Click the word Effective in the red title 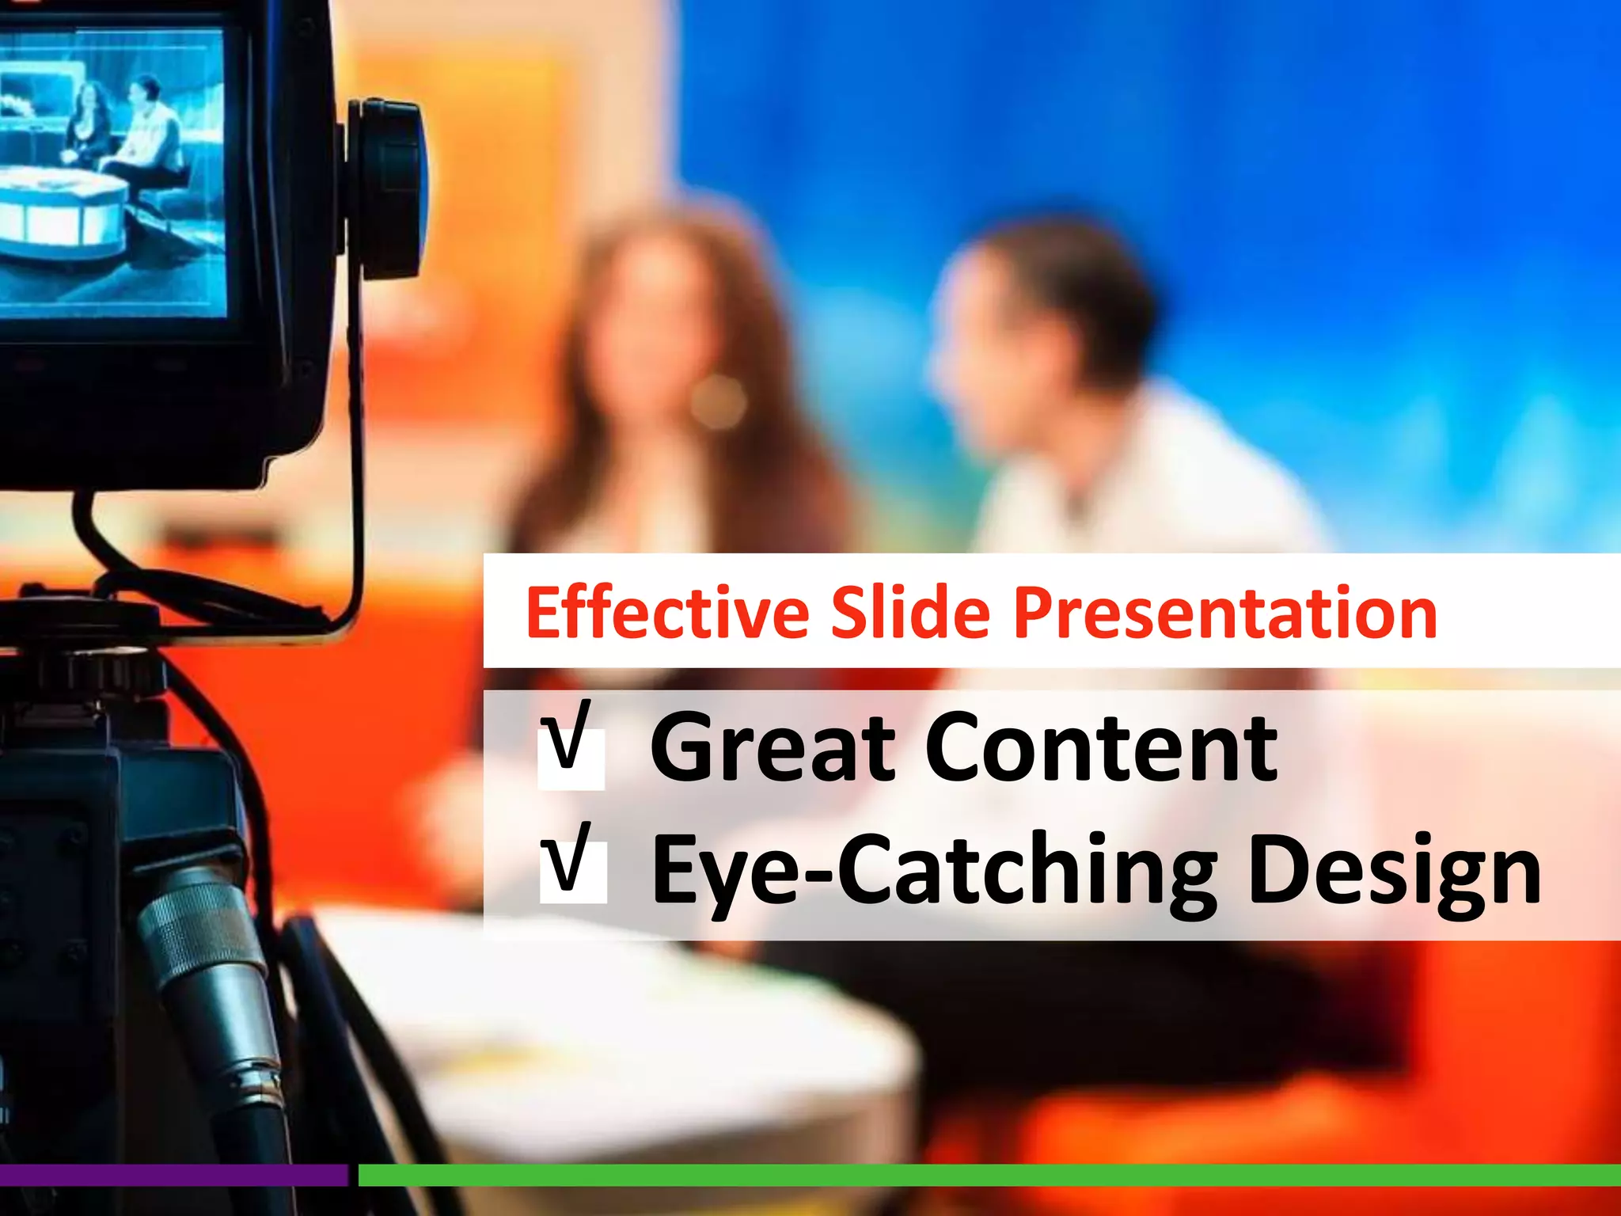click(666, 613)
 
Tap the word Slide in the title click(909, 613)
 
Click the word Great click(772, 747)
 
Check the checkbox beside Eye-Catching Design click(572, 870)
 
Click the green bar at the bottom click(989, 1175)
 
